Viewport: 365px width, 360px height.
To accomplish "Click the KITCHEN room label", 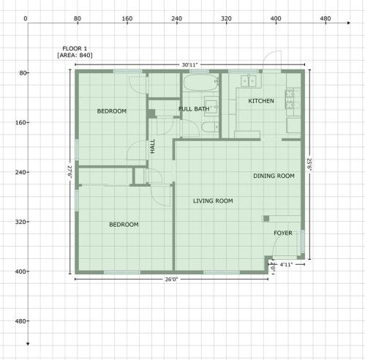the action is pyautogui.click(x=261, y=101).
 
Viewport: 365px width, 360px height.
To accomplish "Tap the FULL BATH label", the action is pyautogui.click(x=194, y=109).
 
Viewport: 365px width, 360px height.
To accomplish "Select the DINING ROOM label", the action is pyautogui.click(x=274, y=176).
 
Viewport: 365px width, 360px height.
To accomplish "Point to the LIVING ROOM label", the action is pyautogui.click(x=213, y=200).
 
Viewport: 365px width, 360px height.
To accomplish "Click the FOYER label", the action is pyautogui.click(x=283, y=233).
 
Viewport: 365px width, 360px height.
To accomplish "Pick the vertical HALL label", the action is pyautogui.click(x=153, y=146).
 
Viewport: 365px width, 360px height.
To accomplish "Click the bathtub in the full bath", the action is pyautogui.click(x=200, y=83).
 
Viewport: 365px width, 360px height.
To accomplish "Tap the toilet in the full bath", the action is pyautogui.click(x=210, y=127).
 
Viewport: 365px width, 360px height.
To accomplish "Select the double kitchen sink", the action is pyautogui.click(x=248, y=81).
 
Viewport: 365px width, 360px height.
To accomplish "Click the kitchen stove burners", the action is pyautogui.click(x=289, y=100).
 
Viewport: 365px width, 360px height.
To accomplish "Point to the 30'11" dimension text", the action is pyautogui.click(x=189, y=65).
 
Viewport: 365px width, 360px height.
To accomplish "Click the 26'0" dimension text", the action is pyautogui.click(x=172, y=280).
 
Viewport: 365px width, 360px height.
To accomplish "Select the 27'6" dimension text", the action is pyautogui.click(x=70, y=172).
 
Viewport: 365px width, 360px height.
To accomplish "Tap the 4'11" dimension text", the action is pyautogui.click(x=286, y=264).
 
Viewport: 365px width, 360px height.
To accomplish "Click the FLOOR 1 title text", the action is pyautogui.click(x=75, y=48).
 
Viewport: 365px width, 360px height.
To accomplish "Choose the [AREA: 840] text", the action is pyautogui.click(x=75, y=56).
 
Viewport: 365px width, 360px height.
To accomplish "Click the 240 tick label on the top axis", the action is pyautogui.click(x=176, y=18).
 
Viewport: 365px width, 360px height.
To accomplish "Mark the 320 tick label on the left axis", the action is pyautogui.click(x=20, y=222).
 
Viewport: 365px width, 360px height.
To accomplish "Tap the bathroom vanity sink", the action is pyautogui.click(x=211, y=106).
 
